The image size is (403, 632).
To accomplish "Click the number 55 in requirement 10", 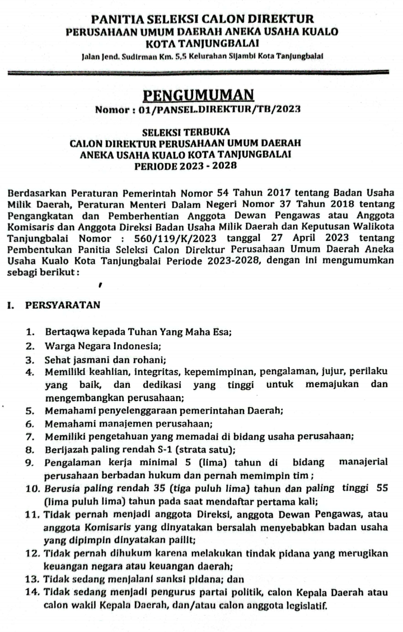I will click(x=382, y=488).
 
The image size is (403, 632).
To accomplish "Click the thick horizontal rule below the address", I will click(x=201, y=72).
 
